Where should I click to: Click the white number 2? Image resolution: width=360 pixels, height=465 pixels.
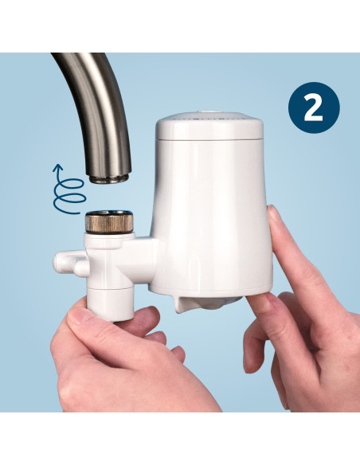313,107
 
